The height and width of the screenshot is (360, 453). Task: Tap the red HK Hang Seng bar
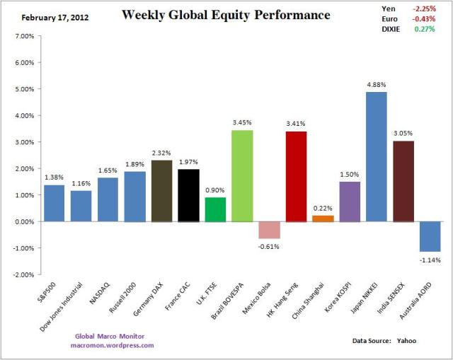pyautogui.click(x=296, y=176)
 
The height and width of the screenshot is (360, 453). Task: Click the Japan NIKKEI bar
pyautogui.click(x=377, y=156)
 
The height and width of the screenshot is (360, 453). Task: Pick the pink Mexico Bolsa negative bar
pyautogui.click(x=269, y=230)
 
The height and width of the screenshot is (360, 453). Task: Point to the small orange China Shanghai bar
pyautogui.click(x=323, y=219)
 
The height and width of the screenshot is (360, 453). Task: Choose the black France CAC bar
pyautogui.click(x=188, y=195)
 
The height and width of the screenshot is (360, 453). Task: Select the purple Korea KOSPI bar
pyautogui.click(x=350, y=202)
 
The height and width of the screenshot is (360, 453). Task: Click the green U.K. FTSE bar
pyautogui.click(x=215, y=209)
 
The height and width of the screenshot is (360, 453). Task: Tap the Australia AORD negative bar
pyautogui.click(x=430, y=236)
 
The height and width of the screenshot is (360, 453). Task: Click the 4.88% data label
pyautogui.click(x=377, y=84)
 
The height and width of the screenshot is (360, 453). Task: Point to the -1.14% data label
pyautogui.click(x=430, y=260)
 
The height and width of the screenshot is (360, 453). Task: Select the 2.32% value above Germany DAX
pyautogui.click(x=161, y=152)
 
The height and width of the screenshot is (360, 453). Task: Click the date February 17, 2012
pyautogui.click(x=48, y=15)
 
